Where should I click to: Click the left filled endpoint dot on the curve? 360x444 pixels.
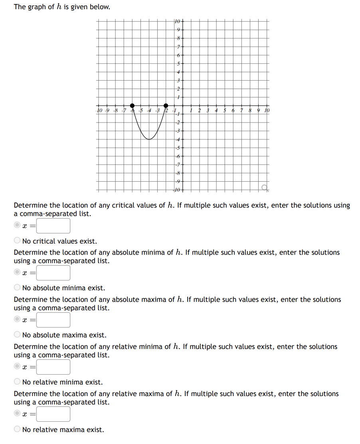(x=132, y=105)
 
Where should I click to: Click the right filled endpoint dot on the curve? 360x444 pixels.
(x=166, y=105)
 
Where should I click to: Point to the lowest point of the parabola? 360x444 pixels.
(x=149, y=139)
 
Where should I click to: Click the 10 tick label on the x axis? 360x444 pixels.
(x=267, y=110)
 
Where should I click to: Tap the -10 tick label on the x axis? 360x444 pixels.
(x=100, y=110)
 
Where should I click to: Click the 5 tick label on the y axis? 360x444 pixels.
(x=179, y=63)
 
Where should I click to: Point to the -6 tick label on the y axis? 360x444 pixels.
(x=178, y=156)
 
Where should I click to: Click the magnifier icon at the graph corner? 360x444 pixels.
(x=265, y=188)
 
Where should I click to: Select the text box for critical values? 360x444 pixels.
(x=53, y=226)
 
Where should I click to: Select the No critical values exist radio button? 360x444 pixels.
(x=17, y=241)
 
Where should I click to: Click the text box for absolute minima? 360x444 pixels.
(x=53, y=273)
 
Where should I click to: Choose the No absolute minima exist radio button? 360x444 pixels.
(x=17, y=287)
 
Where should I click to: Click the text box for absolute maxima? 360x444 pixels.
(x=53, y=320)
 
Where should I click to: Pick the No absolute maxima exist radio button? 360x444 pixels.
(x=17, y=335)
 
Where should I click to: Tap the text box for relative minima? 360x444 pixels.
(x=53, y=367)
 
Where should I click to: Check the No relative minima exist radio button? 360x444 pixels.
(x=17, y=382)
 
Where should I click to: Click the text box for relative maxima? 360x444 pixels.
(x=53, y=414)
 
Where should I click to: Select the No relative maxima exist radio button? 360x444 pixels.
(x=17, y=429)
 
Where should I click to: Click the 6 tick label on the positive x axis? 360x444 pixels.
(x=233, y=110)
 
